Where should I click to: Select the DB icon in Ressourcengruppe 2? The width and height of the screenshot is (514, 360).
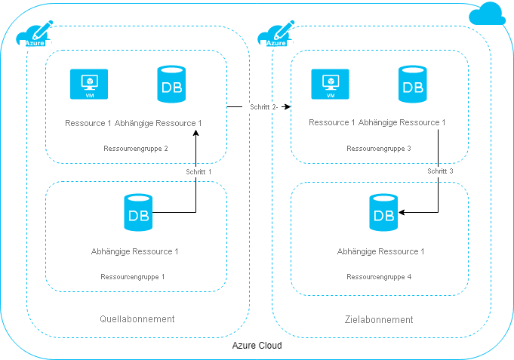pyautogui.click(x=170, y=85)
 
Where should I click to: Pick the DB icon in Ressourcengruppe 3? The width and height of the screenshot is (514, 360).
pyautogui.click(x=412, y=85)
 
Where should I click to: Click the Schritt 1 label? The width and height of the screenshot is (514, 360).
pyautogui.click(x=199, y=171)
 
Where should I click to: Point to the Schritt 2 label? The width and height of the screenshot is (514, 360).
pyautogui.click(x=264, y=107)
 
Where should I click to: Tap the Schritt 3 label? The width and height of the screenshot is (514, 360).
pyautogui.click(x=440, y=171)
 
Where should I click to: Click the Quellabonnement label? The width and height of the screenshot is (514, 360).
pyautogui.click(x=137, y=319)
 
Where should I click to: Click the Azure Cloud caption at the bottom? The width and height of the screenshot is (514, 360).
pyautogui.click(x=257, y=346)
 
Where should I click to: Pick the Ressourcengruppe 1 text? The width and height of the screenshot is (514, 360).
pyautogui.click(x=133, y=277)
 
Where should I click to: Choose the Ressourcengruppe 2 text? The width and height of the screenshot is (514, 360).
pyautogui.click(x=136, y=149)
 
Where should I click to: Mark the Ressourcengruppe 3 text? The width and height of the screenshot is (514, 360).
pyautogui.click(x=378, y=149)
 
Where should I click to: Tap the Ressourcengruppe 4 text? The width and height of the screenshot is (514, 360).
pyautogui.click(x=379, y=277)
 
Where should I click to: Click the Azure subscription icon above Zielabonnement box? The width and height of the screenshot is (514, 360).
pyautogui.click(x=275, y=35)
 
